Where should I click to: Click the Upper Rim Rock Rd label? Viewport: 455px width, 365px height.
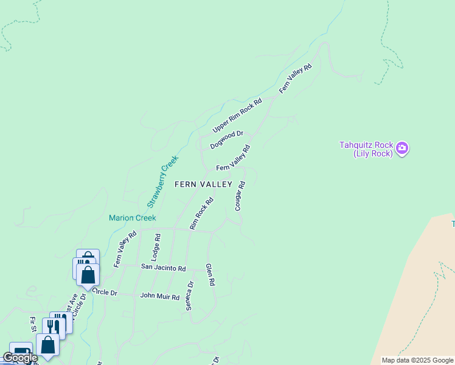237,116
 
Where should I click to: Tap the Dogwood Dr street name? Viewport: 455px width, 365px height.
227,140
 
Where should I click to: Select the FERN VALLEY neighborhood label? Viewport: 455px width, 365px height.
204,184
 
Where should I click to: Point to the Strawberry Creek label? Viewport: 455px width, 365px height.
163,182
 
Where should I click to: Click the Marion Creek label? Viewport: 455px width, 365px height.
133,218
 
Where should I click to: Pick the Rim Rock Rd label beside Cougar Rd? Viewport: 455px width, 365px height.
202,213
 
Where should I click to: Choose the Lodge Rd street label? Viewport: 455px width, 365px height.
156,248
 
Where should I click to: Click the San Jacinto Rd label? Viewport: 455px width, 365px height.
163,268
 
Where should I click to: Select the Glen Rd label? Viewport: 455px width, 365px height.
210,274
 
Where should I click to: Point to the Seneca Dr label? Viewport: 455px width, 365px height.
190,296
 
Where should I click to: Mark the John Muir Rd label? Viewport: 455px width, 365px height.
160,297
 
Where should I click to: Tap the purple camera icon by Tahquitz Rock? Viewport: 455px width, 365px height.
401,148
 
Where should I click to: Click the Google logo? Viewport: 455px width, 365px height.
20,358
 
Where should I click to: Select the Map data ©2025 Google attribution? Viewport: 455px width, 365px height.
417,360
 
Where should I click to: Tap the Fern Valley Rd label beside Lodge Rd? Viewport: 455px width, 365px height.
125,249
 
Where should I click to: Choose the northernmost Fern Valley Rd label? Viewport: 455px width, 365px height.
296,78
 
